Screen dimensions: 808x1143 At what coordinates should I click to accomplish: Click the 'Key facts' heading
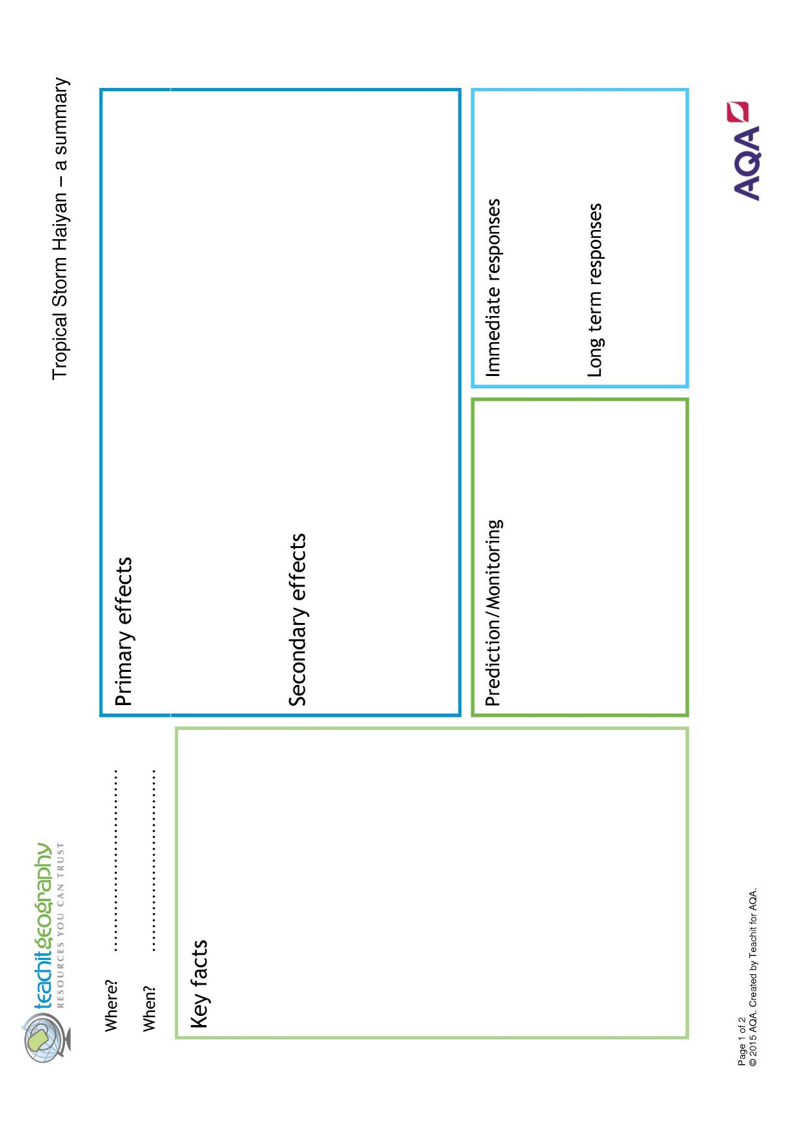(199, 984)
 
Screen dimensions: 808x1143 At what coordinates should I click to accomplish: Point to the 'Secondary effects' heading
(297, 620)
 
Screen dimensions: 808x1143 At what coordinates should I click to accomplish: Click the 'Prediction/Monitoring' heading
(494, 613)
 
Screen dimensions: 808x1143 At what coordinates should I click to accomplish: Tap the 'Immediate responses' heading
(494, 287)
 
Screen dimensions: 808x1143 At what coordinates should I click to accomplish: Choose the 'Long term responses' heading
(594, 290)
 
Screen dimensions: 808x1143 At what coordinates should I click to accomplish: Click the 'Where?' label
(112, 1004)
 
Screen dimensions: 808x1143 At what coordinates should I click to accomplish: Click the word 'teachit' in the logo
(43, 976)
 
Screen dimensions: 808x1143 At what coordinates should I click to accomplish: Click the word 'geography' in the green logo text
(43, 893)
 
